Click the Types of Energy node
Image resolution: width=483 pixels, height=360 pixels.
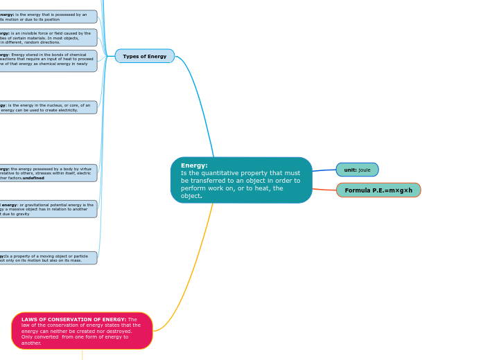144,56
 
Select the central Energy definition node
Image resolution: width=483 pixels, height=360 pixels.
241,180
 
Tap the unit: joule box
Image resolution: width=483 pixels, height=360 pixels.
357,170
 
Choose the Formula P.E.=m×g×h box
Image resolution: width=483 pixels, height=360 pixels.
378,190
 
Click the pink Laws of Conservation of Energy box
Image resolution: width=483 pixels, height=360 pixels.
82,331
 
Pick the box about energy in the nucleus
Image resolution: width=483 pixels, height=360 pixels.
48,107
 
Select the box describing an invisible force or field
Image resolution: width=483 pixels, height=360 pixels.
48,37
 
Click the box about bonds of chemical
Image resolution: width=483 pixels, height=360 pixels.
48,61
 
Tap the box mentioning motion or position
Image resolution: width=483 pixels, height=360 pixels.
48,17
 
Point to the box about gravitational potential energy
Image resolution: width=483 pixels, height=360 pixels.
48,209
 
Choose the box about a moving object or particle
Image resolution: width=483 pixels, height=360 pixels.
48,258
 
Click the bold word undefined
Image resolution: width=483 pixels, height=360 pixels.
33,178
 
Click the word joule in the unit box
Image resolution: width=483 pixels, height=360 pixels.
365,170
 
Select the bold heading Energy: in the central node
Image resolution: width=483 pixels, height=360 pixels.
194,165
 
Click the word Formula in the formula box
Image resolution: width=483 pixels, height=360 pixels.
357,190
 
